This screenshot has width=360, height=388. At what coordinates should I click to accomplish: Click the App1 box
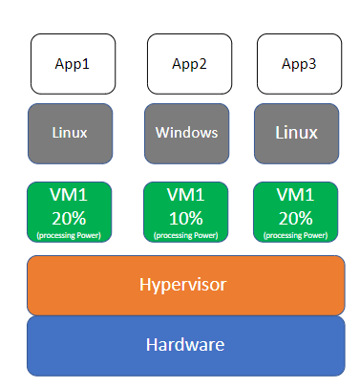74,63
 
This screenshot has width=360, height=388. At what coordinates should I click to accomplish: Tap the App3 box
297,63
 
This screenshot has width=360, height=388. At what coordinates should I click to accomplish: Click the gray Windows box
187,133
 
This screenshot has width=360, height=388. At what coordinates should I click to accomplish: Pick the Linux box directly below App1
71,133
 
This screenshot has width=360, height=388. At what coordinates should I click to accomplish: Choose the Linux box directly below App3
297,133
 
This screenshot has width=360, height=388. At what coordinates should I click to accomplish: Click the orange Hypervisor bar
185,285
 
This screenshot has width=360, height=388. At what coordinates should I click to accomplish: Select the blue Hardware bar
185,345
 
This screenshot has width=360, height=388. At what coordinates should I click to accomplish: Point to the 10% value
187,217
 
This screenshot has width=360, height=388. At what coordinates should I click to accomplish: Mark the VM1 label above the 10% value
187,196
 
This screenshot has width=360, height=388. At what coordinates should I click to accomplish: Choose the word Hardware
185,345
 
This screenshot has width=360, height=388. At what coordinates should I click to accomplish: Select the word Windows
187,133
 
